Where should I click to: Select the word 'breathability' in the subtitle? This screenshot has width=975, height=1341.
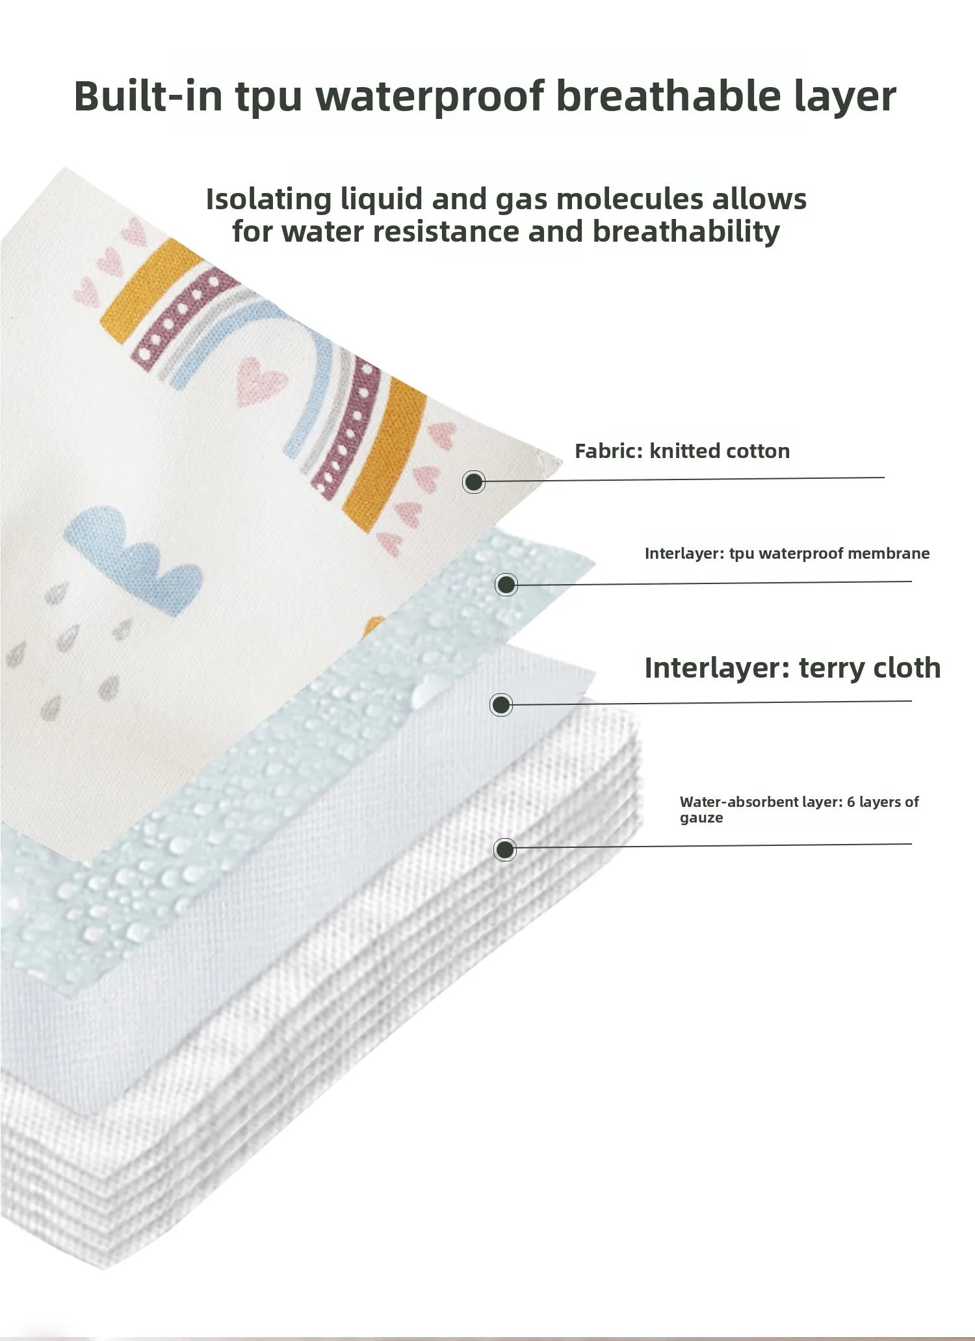tap(686, 232)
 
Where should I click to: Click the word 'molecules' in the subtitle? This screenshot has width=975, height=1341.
tap(630, 199)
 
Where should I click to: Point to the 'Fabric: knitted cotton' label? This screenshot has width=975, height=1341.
tap(682, 451)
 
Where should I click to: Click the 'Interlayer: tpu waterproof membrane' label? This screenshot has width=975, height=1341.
tap(787, 554)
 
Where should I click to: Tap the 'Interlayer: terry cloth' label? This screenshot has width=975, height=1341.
tap(792, 668)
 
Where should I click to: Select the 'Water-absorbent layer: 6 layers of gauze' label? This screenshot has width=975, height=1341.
tap(799, 810)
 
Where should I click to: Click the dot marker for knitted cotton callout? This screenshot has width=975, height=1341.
tap(474, 482)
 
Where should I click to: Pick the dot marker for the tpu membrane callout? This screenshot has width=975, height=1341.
tap(506, 585)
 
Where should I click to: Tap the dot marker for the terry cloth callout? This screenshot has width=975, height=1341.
tap(500, 705)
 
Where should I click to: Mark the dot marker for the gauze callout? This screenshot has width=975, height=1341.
tap(505, 849)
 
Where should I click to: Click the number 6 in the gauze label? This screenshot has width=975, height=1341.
tap(851, 802)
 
